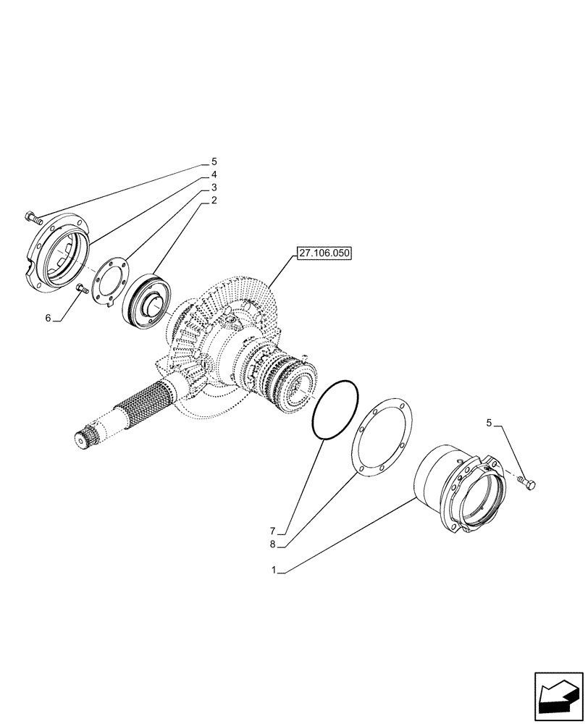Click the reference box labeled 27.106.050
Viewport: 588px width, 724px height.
point(322,253)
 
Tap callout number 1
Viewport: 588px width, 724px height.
point(274,571)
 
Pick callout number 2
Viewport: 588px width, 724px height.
point(214,200)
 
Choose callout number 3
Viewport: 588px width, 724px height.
point(214,188)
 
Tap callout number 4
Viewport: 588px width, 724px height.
point(214,174)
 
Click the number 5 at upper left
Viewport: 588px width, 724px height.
point(214,161)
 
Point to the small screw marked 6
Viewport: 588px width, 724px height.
point(82,290)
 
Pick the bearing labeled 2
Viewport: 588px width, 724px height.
point(147,301)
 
